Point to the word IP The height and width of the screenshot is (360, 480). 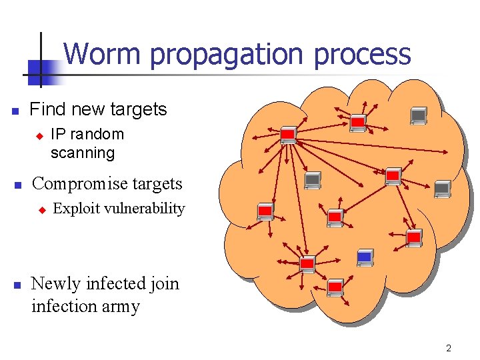[58, 134]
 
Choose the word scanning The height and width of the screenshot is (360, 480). [83, 153]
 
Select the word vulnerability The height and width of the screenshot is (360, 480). [143, 209]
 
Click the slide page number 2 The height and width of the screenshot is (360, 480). [449, 348]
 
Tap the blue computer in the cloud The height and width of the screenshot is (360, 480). [365, 257]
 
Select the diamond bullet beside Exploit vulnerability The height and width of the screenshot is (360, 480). [41, 210]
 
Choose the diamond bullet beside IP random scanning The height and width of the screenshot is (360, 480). [39, 135]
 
